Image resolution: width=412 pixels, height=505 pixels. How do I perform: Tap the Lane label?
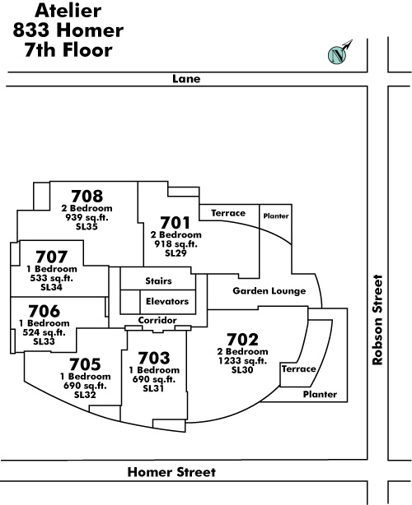pyautogui.click(x=186, y=79)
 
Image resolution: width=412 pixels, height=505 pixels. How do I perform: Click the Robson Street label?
pyautogui.click(x=377, y=320)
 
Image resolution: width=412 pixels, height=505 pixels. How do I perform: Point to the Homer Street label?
pyautogui.click(x=171, y=472)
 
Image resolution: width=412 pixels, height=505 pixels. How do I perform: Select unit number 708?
pyautogui.click(x=87, y=196)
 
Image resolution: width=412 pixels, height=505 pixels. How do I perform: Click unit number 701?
pyautogui.click(x=176, y=223)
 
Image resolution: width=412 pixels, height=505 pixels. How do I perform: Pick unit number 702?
pyautogui.click(x=242, y=340)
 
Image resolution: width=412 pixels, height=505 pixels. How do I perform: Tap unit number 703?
pyautogui.click(x=153, y=358)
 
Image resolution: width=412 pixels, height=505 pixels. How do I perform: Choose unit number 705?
pyautogui.click(x=85, y=364)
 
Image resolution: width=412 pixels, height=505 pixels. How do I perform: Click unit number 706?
pyautogui.click(x=44, y=311)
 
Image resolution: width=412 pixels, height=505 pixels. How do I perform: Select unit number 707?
pyautogui.click(x=52, y=257)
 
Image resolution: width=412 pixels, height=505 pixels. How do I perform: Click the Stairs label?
pyautogui.click(x=158, y=280)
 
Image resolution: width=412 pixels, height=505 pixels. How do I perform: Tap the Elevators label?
pyautogui.click(x=167, y=302)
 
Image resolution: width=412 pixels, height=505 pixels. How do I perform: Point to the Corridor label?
pyautogui.click(x=157, y=320)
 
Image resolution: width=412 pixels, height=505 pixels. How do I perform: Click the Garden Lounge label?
pyautogui.click(x=269, y=291)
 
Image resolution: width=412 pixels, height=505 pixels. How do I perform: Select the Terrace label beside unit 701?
pyautogui.click(x=228, y=213)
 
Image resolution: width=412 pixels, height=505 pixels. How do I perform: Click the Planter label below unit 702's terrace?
pyautogui.click(x=320, y=394)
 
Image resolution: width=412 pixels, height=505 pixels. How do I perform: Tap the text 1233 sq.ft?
pyautogui.click(x=242, y=361)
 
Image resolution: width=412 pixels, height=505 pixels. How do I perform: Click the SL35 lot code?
pyautogui.click(x=87, y=226)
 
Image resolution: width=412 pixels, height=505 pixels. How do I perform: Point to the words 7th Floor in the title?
pyautogui.click(x=68, y=50)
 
